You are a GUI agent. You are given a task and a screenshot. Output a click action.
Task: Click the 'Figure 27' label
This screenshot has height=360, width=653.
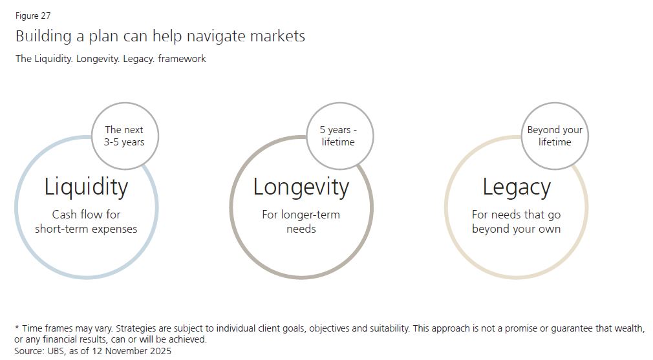tap(33, 16)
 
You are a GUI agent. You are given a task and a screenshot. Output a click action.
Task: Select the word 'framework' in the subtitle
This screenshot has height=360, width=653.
tap(182, 59)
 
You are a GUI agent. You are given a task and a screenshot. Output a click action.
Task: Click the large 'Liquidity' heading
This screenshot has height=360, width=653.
tap(86, 187)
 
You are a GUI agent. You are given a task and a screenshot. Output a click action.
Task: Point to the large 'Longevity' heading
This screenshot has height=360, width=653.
tap(301, 187)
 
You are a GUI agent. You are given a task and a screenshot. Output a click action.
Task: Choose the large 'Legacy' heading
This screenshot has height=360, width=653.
tap(517, 187)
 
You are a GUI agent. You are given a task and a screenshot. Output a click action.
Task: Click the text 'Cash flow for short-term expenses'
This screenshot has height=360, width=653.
tap(86, 222)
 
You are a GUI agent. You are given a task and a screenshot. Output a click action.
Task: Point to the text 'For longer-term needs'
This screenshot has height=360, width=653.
tap(301, 222)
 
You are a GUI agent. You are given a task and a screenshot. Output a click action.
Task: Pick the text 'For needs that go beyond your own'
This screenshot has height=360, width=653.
tap(517, 222)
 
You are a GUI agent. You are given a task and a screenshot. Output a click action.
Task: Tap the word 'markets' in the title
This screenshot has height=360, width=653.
tap(277, 36)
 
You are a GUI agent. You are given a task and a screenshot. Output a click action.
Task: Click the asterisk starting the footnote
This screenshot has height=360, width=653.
tap(17, 328)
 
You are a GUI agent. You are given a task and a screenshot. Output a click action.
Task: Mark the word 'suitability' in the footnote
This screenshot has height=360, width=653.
tap(389, 329)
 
